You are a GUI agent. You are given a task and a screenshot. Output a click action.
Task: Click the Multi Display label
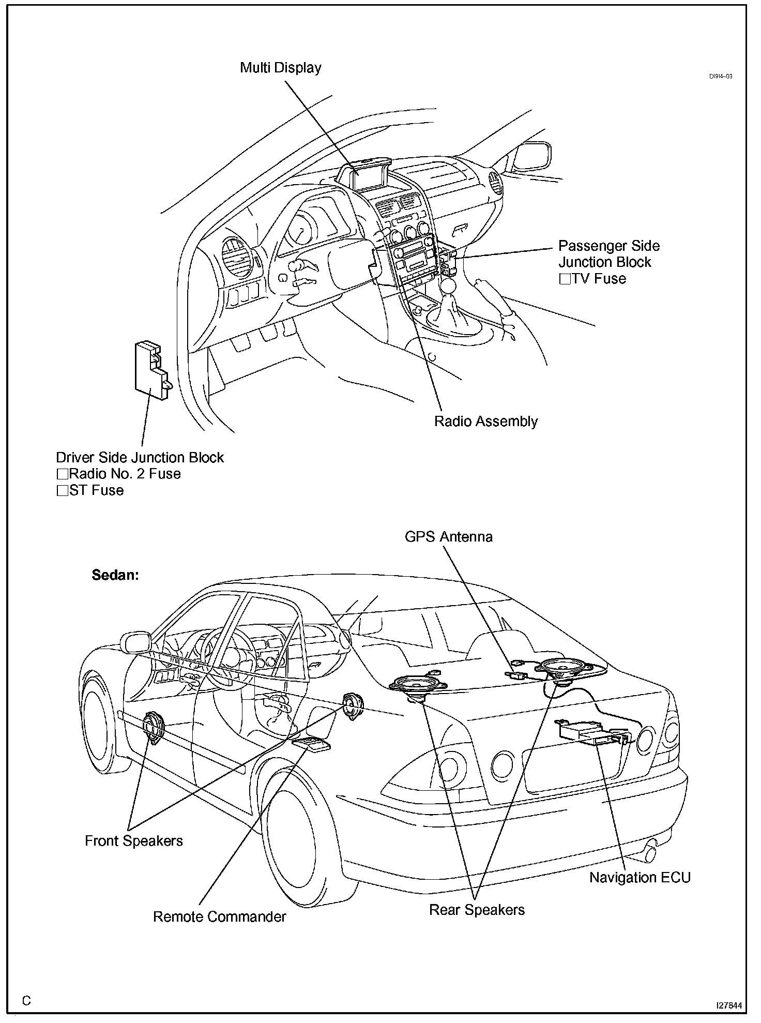coord(281,68)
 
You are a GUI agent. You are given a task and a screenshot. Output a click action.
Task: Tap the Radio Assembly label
coord(485,422)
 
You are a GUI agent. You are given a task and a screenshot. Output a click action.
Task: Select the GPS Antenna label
coord(448,537)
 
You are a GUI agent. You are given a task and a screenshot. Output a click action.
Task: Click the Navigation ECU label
coord(640,878)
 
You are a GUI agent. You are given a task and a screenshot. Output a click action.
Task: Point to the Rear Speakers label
coord(477,910)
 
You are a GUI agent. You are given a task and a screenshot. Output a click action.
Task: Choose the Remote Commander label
coord(219,917)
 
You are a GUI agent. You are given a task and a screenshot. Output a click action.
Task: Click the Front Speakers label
coord(133,841)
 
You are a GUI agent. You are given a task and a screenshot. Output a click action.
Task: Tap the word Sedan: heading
coord(115,575)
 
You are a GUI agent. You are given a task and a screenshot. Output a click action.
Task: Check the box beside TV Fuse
coord(565,279)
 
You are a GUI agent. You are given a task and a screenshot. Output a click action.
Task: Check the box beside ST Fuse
coord(63,491)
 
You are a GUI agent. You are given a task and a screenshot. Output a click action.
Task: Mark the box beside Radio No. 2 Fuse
coord(63,474)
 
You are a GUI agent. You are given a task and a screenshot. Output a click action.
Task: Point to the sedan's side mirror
coord(135,642)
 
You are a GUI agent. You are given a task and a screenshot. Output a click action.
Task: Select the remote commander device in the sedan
coord(311,744)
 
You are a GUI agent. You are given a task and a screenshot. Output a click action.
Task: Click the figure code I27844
coord(728,1005)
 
